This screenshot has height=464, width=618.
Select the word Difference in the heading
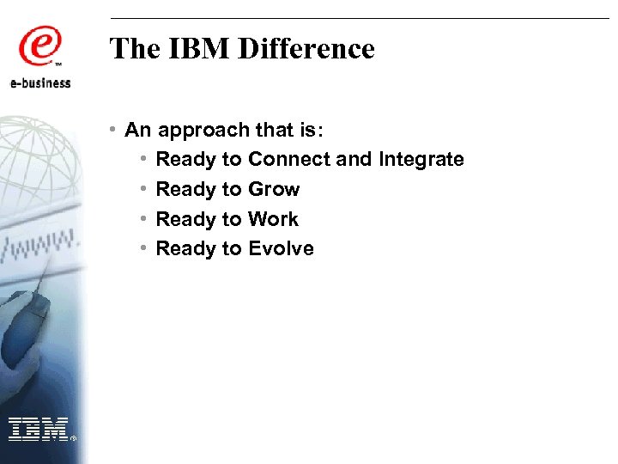(306, 49)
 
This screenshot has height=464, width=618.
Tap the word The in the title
(136, 49)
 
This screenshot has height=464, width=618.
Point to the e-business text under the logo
(40, 82)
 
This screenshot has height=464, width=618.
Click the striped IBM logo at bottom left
(38, 427)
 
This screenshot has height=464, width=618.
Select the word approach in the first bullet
(193, 131)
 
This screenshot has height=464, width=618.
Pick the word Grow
(274, 190)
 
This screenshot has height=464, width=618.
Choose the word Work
(273, 220)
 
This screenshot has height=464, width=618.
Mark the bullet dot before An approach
(114, 130)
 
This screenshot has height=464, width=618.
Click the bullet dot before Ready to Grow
(144, 189)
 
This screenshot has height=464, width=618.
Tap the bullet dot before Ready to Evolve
(144, 248)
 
